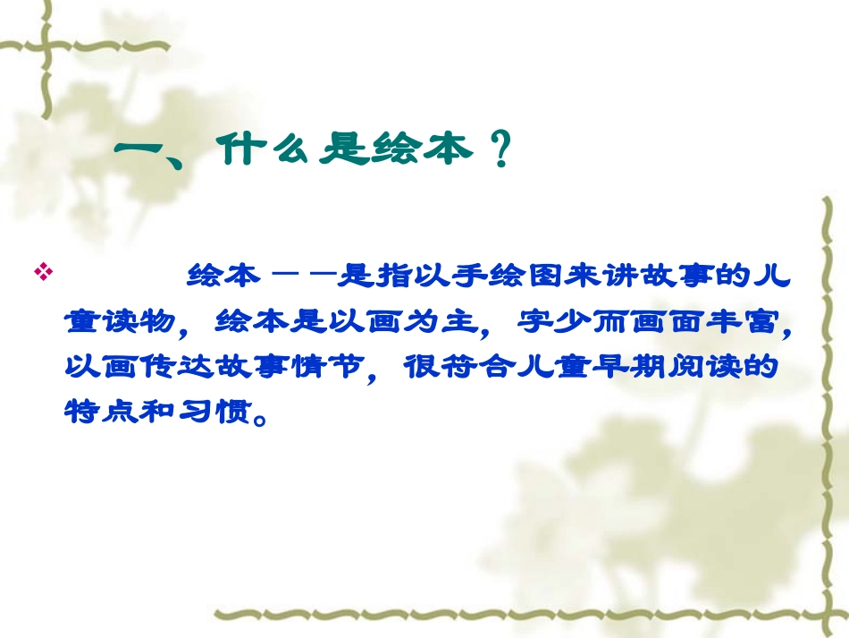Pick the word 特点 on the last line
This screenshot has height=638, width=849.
pyautogui.click(x=96, y=413)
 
